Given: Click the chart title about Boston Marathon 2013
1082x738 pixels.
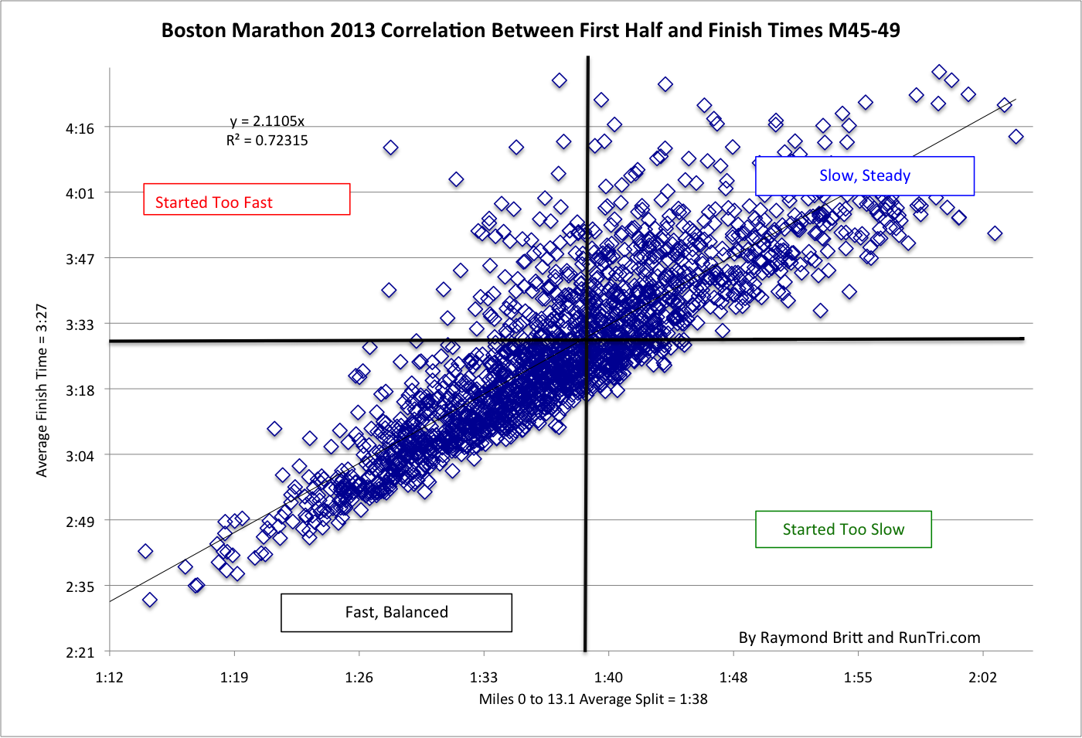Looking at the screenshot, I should tap(530, 30).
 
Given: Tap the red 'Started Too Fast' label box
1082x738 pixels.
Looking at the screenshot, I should tap(247, 199).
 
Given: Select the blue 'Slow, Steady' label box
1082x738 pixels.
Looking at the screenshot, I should tap(864, 176).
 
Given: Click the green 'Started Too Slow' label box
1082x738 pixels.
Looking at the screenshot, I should tap(843, 529).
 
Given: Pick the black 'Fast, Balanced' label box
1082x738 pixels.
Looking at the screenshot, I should tap(396, 612).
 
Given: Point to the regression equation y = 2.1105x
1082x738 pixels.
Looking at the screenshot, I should tap(267, 121).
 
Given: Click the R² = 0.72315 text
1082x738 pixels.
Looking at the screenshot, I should tap(267, 141).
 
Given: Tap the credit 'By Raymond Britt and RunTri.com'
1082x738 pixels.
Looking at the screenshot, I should tap(859, 638).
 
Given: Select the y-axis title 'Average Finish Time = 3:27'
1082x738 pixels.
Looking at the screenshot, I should tap(42, 390).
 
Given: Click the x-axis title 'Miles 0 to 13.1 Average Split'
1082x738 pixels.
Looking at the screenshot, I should tap(593, 699).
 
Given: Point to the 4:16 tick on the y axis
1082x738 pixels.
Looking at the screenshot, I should tap(80, 128).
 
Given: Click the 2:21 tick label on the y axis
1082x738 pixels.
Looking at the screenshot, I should tap(80, 653).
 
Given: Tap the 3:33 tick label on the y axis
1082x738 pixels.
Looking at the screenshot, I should tap(80, 325).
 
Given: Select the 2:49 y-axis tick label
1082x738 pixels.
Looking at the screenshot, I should tap(80, 522).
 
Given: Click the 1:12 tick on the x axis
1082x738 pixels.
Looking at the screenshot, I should tap(109, 678).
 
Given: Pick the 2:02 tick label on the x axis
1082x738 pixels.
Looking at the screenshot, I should tap(982, 678).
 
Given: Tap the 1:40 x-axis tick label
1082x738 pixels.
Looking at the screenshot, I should tap(608, 678).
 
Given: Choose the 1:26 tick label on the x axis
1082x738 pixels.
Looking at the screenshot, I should tap(359, 678).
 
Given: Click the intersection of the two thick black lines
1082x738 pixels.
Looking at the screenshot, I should tap(587, 339).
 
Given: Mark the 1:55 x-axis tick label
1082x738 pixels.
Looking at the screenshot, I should tap(858, 678).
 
